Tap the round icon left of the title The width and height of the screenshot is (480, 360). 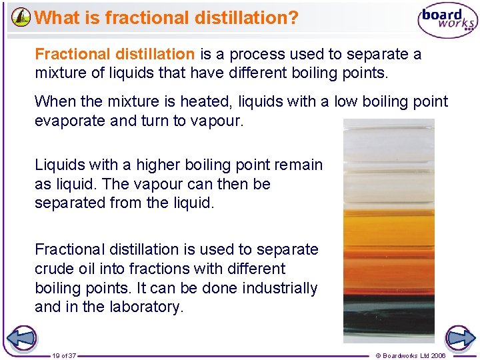(21, 17)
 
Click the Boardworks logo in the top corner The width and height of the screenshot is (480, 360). (448, 21)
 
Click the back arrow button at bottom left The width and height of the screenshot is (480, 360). (21, 337)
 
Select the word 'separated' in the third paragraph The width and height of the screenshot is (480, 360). (70, 203)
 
